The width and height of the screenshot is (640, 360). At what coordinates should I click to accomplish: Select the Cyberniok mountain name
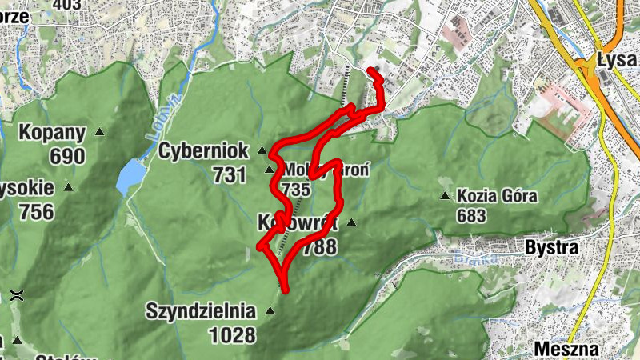(x=204, y=150)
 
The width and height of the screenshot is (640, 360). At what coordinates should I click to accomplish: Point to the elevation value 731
(x=230, y=174)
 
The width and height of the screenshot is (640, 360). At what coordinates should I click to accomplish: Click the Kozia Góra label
(x=497, y=195)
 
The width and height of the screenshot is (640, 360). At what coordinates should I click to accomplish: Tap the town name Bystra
(x=552, y=247)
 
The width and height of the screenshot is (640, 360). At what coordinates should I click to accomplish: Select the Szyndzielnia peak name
(x=200, y=310)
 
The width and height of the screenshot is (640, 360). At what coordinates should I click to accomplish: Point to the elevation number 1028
(x=233, y=335)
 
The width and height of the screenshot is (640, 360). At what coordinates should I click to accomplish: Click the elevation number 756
(x=38, y=212)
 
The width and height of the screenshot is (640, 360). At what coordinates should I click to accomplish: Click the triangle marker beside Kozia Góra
(x=445, y=195)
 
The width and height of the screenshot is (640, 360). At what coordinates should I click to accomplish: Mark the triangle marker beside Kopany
(x=100, y=132)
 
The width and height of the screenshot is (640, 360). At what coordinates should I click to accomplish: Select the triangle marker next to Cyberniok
(x=262, y=150)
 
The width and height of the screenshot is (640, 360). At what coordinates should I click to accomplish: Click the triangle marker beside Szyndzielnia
(x=270, y=310)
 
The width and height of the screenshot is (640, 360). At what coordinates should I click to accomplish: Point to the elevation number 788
(x=320, y=247)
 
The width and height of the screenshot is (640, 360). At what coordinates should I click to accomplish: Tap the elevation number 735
(x=295, y=189)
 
